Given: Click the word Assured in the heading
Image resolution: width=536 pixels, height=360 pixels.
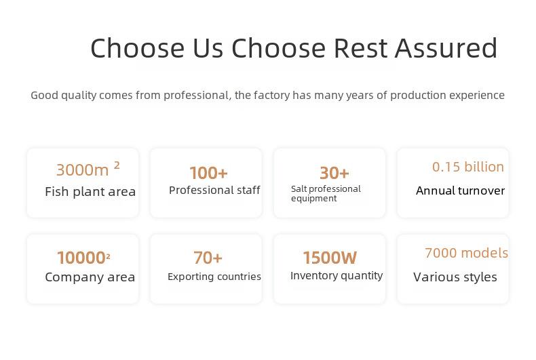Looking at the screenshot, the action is coord(446,48).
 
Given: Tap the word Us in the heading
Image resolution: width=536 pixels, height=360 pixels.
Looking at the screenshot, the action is coord(208,48).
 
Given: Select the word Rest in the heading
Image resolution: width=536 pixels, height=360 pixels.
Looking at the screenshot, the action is coord(360,48).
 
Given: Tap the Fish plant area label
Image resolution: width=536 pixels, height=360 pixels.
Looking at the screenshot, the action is coord(90,192).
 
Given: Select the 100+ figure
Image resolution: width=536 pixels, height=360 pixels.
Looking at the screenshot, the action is coord(208,173).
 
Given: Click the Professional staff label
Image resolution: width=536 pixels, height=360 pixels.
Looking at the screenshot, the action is coord(214,190).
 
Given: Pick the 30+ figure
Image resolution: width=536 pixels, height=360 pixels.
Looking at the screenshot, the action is coord(334,173).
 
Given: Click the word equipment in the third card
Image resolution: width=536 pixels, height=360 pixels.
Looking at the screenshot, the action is coord(314,199).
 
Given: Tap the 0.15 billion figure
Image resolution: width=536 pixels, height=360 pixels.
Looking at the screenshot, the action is coord(468,167).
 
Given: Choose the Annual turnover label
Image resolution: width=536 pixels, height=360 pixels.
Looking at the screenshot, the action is coord(460,191).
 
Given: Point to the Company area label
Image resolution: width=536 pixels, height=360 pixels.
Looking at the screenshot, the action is coord(90,277).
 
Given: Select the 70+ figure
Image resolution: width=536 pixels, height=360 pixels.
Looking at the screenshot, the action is coord(208,258).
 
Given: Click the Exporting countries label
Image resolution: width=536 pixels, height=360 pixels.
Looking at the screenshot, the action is coord(214,277).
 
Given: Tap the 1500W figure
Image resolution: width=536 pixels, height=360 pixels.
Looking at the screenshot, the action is coord(330,258).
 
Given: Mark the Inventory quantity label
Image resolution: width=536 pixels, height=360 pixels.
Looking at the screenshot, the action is coord(337,276).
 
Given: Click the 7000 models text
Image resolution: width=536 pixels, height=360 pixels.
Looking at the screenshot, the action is coord(467,253).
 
